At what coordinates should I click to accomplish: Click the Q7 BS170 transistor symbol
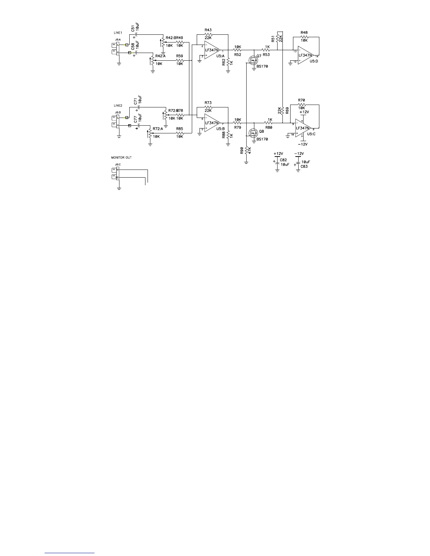253,61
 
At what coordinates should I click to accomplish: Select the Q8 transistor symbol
253,133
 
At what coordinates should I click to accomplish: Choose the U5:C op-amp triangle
303,128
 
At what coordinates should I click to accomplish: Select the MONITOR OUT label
121,158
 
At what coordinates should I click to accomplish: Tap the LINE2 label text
118,106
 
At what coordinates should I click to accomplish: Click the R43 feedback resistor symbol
208,34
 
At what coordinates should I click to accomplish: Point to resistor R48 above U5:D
304,37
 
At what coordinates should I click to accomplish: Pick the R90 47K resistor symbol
247,151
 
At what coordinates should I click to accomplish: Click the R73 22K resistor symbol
208,107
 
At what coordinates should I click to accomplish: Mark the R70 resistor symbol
301,104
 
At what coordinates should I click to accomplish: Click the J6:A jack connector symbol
116,48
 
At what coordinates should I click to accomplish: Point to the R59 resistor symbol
180,61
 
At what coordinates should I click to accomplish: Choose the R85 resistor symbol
180,133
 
